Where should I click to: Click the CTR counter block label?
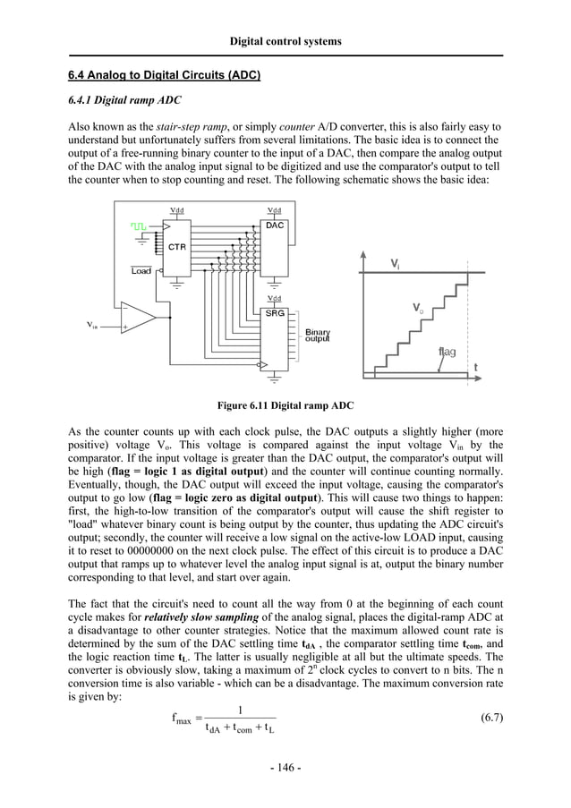pyautogui.click(x=177, y=247)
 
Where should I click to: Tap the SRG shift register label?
pyautogui.click(x=274, y=314)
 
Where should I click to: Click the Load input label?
pyautogui.click(x=141, y=271)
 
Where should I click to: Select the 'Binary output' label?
pyautogui.click(x=317, y=335)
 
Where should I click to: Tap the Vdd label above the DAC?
pyautogui.click(x=274, y=211)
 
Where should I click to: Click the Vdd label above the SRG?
pyautogui.click(x=274, y=298)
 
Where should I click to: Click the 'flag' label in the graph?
pyautogui.click(x=447, y=352)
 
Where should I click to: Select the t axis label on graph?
pyautogui.click(x=475, y=367)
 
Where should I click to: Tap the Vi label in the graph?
pyautogui.click(x=395, y=263)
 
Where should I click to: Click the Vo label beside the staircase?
pyautogui.click(x=418, y=307)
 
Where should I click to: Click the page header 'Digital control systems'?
pyautogui.click(x=285, y=41)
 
